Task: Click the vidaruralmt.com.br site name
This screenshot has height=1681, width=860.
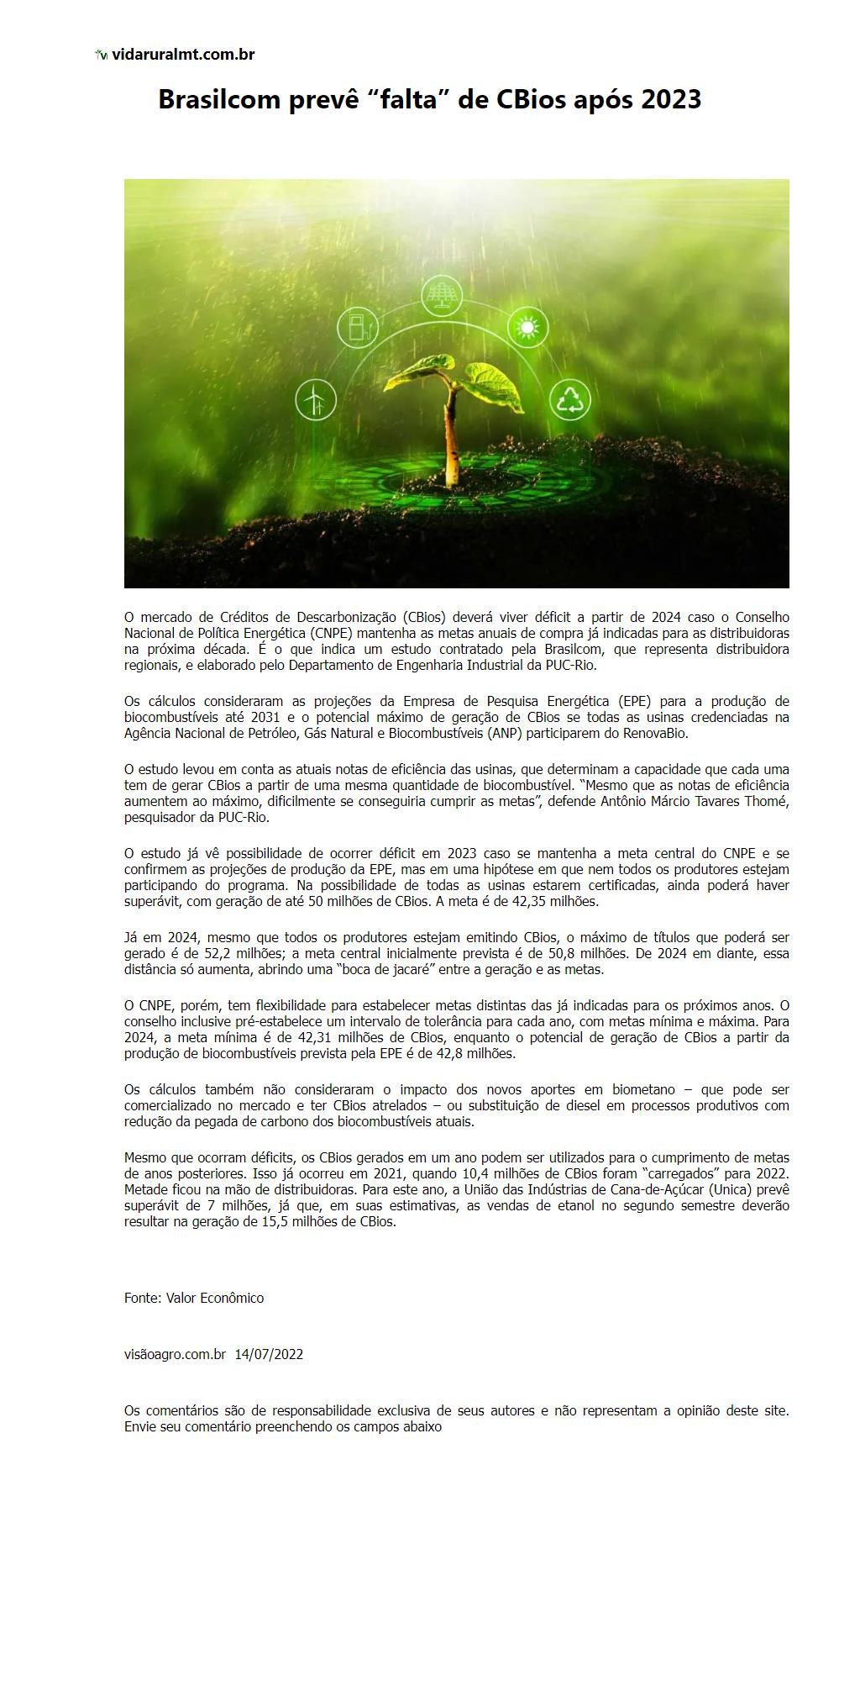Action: [183, 55]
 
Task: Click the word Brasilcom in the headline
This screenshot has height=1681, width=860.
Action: [218, 100]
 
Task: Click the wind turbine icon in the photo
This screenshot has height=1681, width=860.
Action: [316, 399]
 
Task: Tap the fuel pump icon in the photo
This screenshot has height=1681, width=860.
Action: [358, 328]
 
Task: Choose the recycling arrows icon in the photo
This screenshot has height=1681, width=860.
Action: [570, 399]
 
